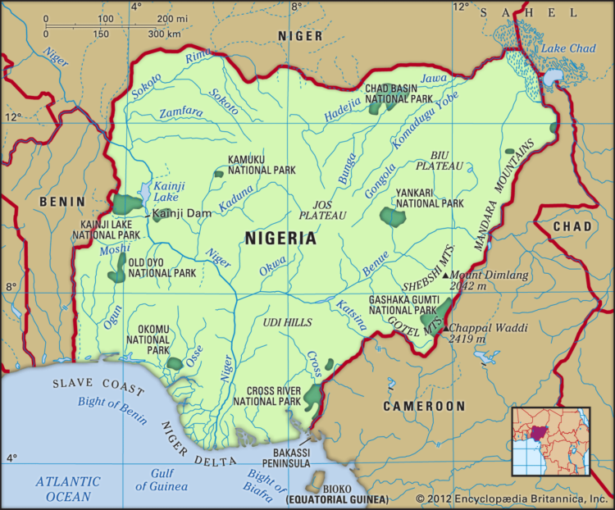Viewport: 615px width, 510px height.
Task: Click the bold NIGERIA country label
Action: [x=280, y=239]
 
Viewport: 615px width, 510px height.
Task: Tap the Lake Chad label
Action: [x=567, y=49]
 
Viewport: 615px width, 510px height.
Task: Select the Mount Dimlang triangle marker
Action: [x=445, y=276]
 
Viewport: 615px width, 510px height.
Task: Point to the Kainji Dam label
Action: [x=182, y=213]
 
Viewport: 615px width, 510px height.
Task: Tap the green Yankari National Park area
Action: [x=394, y=217]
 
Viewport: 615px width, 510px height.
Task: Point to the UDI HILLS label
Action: [x=288, y=323]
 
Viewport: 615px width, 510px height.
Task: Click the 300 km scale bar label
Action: [x=164, y=34]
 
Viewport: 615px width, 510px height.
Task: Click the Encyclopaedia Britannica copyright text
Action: [x=511, y=499]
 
